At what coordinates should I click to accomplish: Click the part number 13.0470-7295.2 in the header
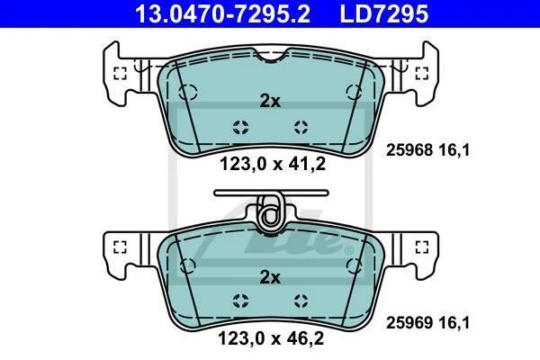coord(222,13)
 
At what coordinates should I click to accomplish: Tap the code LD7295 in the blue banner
coord(384,13)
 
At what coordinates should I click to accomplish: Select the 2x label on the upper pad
coord(270,101)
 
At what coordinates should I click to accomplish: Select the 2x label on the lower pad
coord(270,277)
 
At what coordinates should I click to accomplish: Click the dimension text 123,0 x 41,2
coord(273,164)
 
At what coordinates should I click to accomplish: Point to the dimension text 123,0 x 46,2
coord(271,338)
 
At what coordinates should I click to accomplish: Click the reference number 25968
coord(409,150)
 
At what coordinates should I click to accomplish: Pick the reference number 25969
coord(409,323)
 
